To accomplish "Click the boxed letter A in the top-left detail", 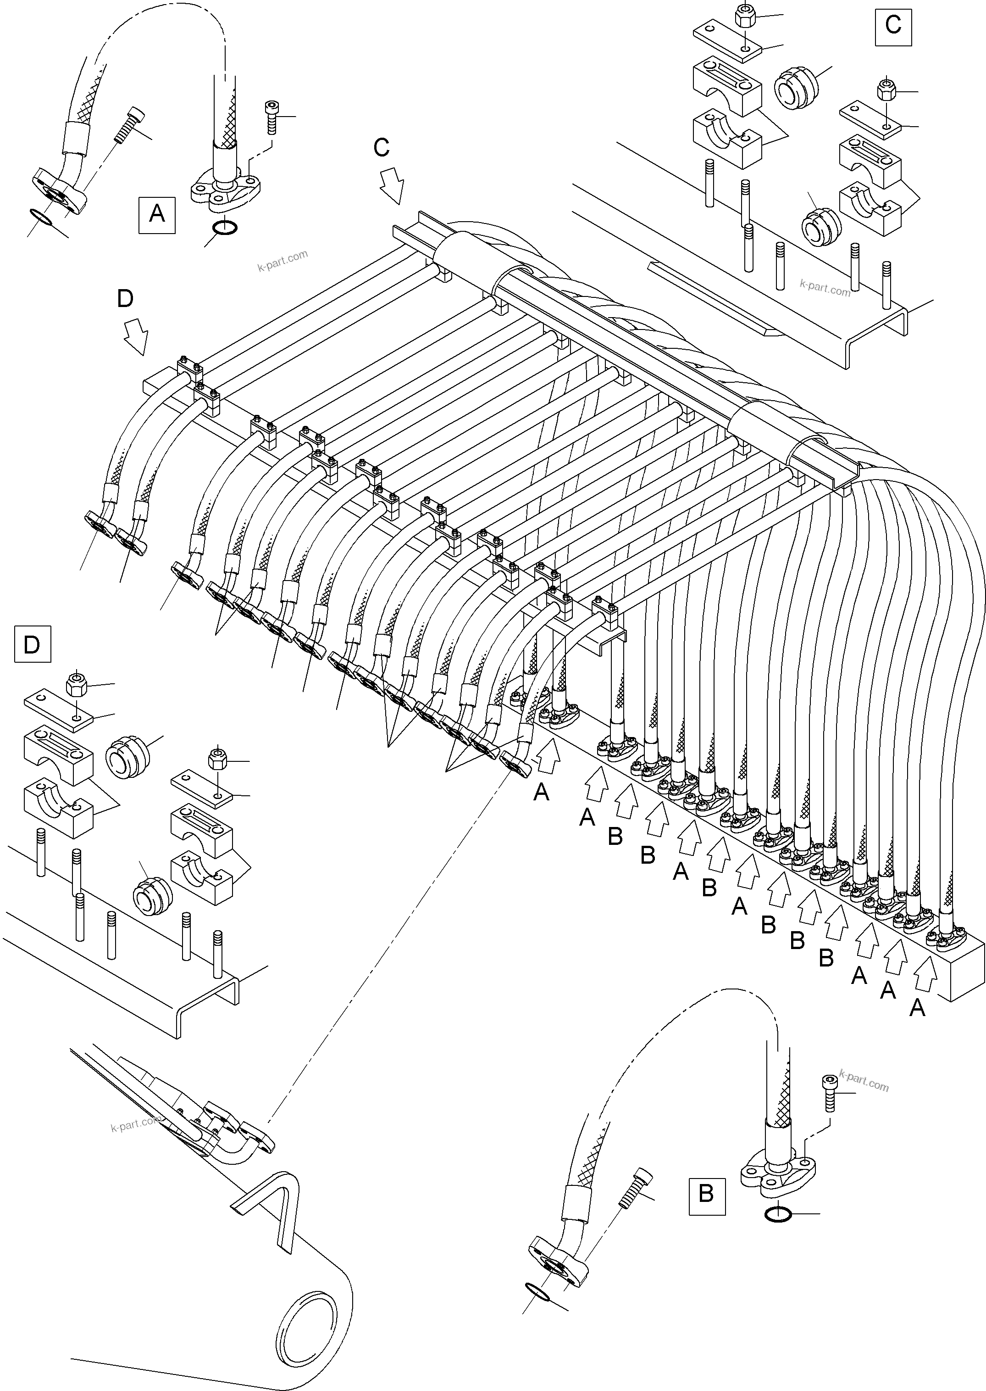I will pyautogui.click(x=157, y=214).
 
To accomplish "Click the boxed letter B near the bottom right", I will pyautogui.click(x=706, y=1194).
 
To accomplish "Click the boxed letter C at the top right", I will pyautogui.click(x=892, y=26).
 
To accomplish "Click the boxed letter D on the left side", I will pyautogui.click(x=32, y=644).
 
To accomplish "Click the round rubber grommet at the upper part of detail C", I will pyautogui.click(x=793, y=89).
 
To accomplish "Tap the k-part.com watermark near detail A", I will pyautogui.click(x=283, y=261).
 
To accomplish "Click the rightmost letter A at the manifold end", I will pyautogui.click(x=917, y=1008).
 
